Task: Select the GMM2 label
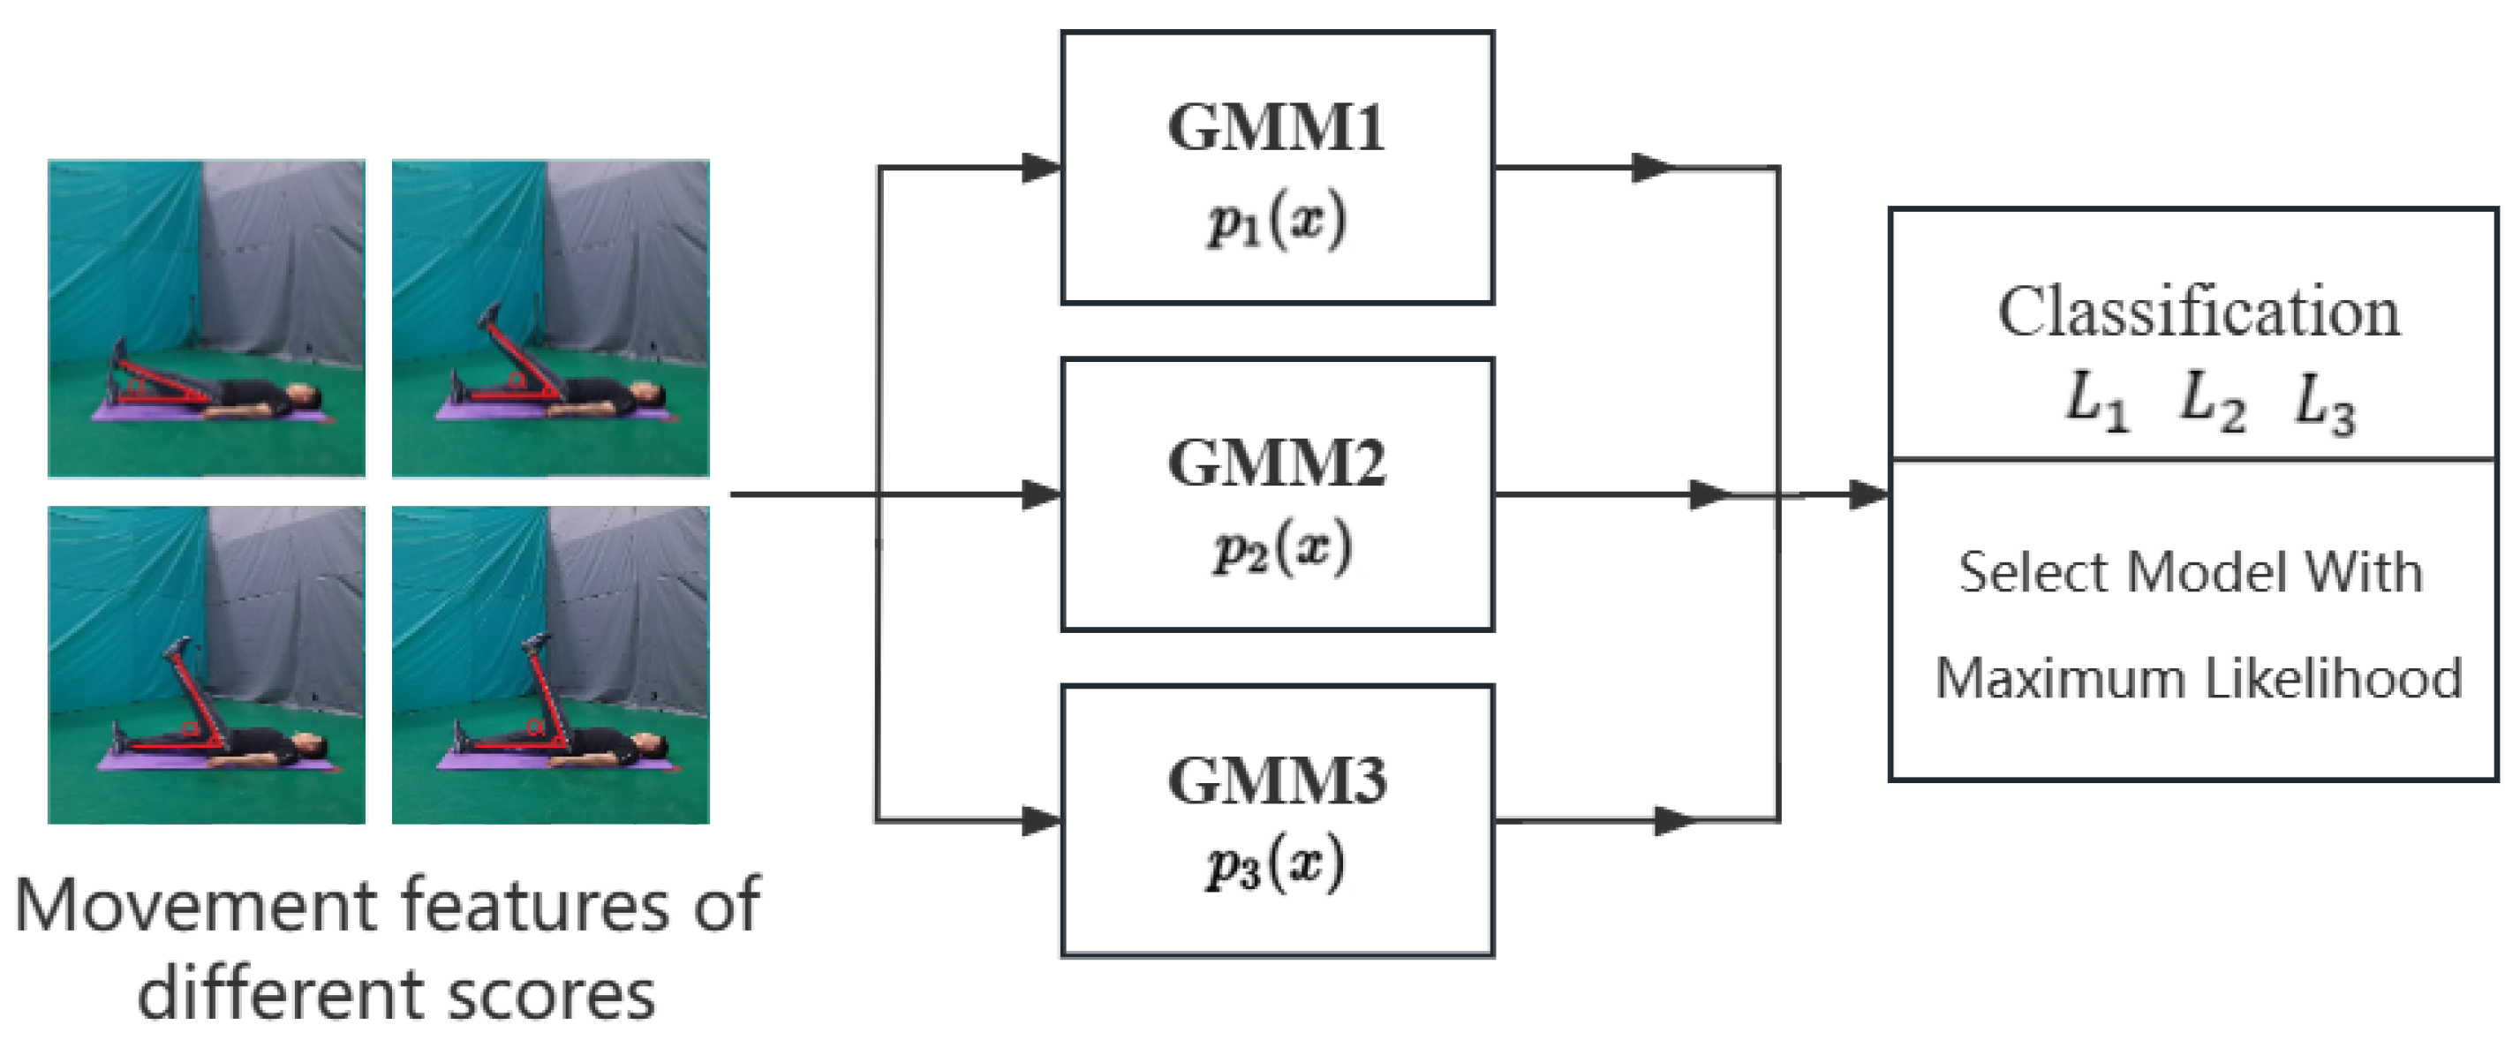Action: [1277, 463]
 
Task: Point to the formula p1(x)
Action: [1277, 222]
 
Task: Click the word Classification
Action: [2199, 313]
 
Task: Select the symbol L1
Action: [2095, 402]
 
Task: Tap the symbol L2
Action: [2210, 402]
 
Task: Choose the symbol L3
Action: [2324, 403]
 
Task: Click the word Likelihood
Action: [2333, 677]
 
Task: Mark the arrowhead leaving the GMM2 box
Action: [1711, 494]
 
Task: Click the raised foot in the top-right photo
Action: [489, 317]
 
